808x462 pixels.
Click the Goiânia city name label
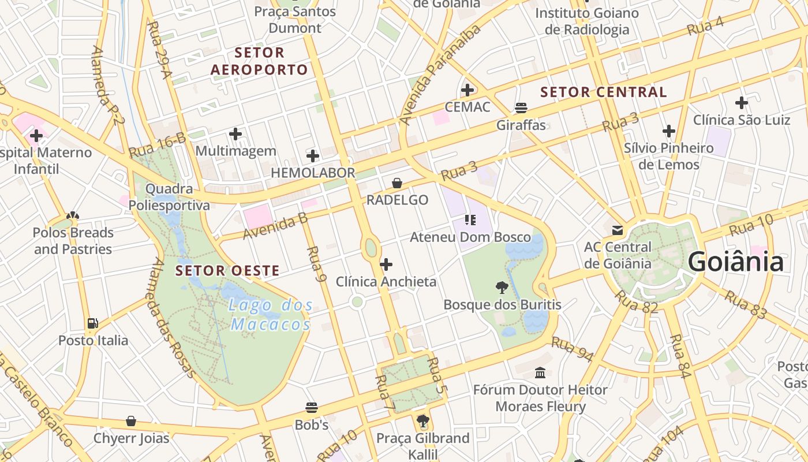tap(735, 262)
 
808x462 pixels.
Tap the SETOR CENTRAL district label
tap(603, 92)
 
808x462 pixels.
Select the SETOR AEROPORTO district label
tap(259, 61)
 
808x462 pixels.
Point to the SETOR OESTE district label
tap(227, 270)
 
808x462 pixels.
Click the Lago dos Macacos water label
tap(271, 315)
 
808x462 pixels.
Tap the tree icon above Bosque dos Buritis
tap(502, 287)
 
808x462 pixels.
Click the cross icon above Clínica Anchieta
tap(386, 264)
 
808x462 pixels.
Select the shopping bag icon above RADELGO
tap(397, 183)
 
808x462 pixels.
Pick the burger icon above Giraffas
tap(521, 107)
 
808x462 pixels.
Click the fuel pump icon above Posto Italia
tap(93, 323)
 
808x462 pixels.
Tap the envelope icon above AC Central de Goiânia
tap(618, 230)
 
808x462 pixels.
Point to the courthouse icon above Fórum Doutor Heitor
tap(540, 372)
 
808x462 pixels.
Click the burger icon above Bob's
tap(312, 408)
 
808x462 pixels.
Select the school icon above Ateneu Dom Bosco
tap(470, 220)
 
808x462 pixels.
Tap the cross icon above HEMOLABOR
tap(312, 155)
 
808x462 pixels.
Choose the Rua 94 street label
tap(572, 349)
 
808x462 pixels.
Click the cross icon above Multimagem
tap(235, 134)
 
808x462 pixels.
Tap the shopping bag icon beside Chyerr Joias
tap(131, 421)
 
